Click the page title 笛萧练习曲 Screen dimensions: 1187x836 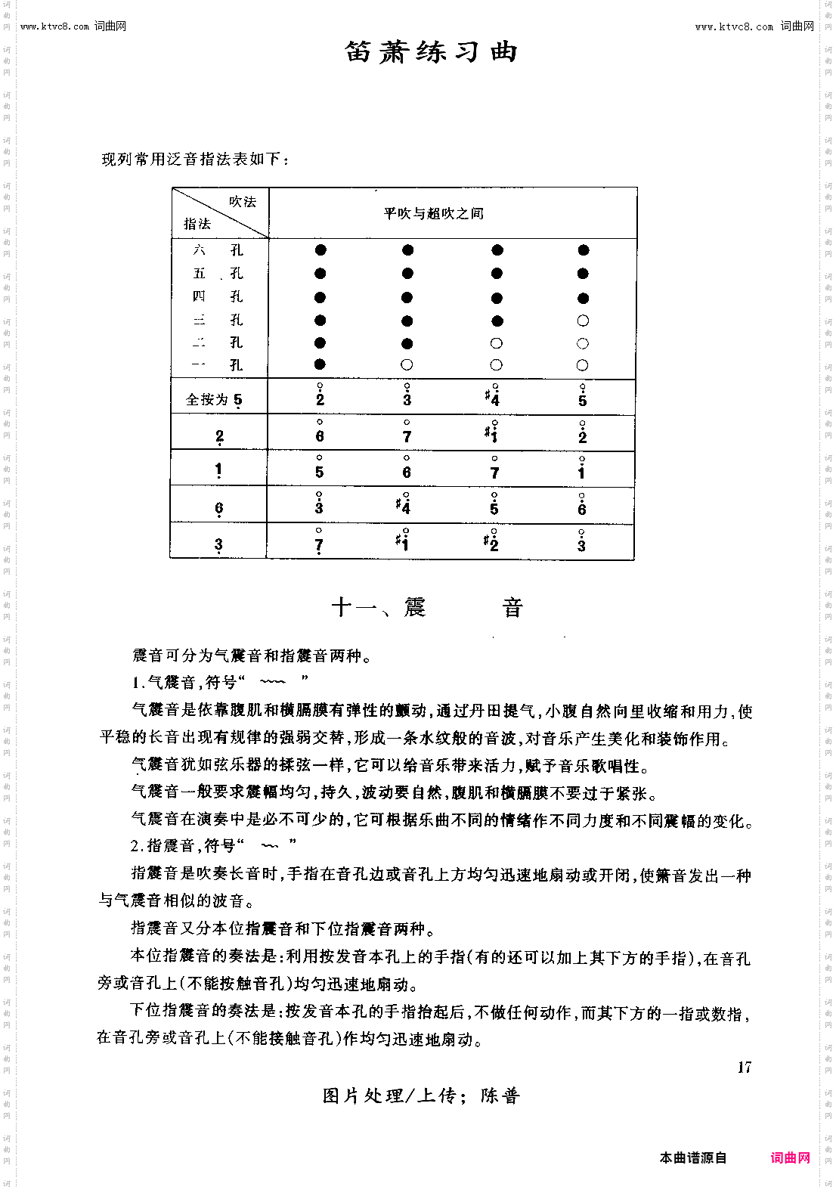pyautogui.click(x=431, y=52)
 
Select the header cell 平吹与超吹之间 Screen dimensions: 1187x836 pyautogui.click(x=433, y=214)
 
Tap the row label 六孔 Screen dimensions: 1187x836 pyautogui.click(x=218, y=250)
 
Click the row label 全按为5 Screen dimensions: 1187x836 pyautogui.click(x=215, y=399)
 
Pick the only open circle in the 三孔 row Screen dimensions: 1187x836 pyautogui.click(x=582, y=321)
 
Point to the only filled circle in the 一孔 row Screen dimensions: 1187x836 pyautogui.click(x=320, y=364)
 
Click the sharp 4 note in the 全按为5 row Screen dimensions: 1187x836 pyautogui.click(x=493, y=396)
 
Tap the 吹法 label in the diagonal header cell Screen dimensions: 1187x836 pyautogui.click(x=243, y=202)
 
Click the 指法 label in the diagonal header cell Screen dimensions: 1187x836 pyautogui.click(x=197, y=224)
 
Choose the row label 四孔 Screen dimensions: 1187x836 pyautogui.click(x=218, y=296)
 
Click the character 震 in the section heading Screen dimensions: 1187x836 pyautogui.click(x=414, y=607)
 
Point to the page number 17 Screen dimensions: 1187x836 pyautogui.click(x=745, y=1068)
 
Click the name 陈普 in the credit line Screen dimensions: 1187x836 pyautogui.click(x=500, y=1096)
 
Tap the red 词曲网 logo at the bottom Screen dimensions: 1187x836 pyautogui.click(x=790, y=1158)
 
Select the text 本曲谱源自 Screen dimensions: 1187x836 pyautogui.click(x=692, y=1158)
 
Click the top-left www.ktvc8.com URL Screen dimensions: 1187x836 pyautogui.click(x=55, y=26)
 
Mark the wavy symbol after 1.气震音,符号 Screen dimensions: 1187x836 pyautogui.click(x=272, y=682)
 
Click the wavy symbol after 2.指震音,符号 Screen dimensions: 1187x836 pyautogui.click(x=269, y=845)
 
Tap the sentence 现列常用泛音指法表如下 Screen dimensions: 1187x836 pyautogui.click(x=194, y=159)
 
